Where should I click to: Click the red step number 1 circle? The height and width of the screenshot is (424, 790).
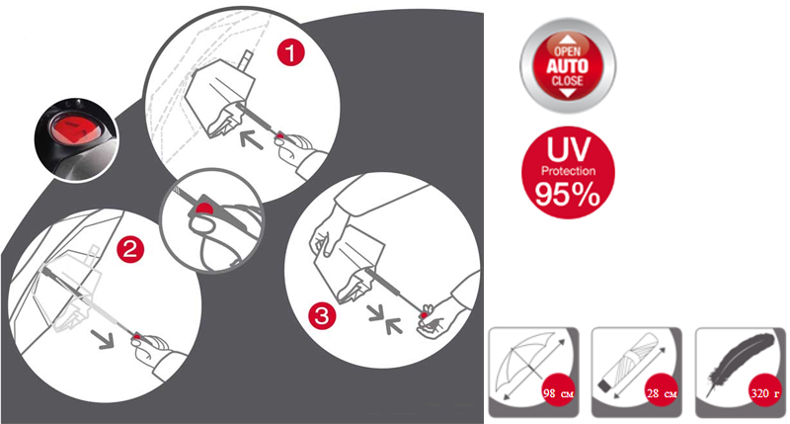pos(291,52)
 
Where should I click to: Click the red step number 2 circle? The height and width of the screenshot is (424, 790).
pos(130,250)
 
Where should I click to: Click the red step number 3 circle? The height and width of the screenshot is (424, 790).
pos(322,316)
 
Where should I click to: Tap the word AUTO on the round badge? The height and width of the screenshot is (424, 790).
pos(568,66)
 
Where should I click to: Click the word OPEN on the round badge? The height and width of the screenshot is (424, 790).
pos(568,51)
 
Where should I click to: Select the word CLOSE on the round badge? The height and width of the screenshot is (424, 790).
pos(567,81)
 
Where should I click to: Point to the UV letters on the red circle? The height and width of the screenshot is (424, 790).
pos(569,148)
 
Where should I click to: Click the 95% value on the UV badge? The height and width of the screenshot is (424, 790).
pos(568,194)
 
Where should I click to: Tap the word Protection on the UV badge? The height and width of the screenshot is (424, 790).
pos(569,171)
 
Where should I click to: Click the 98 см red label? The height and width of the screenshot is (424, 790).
pos(558,392)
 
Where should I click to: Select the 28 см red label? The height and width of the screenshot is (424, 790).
pos(662,392)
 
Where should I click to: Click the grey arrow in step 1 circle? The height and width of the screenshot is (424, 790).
pos(251,138)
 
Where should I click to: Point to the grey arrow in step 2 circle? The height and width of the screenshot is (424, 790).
pos(103,339)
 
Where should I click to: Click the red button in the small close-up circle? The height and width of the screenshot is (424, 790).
pos(204,209)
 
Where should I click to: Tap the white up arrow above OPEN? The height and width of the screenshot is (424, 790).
pos(568,40)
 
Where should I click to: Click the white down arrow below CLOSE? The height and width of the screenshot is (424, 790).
pos(568,93)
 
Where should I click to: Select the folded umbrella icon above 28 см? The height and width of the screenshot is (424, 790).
pos(627,362)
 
